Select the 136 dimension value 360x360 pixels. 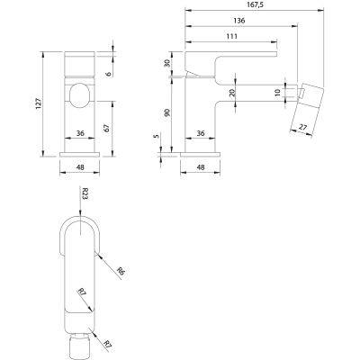click(x=239, y=21)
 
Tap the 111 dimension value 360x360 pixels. click(x=232, y=36)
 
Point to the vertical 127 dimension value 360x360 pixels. click(x=39, y=103)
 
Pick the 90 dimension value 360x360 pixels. click(x=167, y=112)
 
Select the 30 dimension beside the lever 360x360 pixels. click(x=167, y=63)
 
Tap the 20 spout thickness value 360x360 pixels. click(x=232, y=93)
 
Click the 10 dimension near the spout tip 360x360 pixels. click(x=277, y=93)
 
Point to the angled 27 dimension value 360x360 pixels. click(x=303, y=127)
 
